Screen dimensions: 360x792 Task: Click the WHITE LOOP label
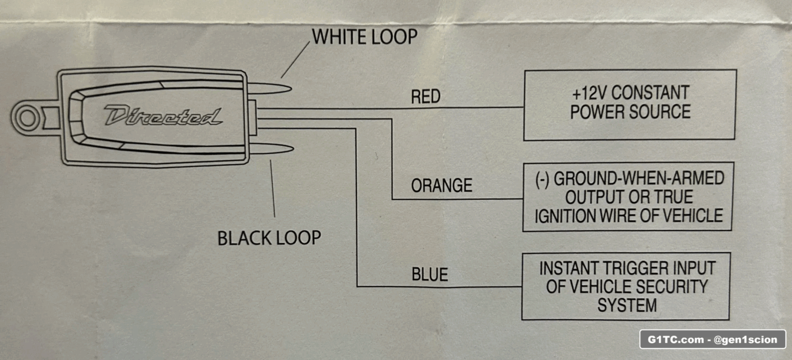(364, 37)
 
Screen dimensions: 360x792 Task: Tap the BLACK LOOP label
(269, 238)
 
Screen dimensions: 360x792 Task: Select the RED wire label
(425, 97)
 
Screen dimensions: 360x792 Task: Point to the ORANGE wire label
(441, 186)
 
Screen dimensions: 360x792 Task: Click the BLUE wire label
(429, 275)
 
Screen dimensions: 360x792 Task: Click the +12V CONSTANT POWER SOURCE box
(630, 105)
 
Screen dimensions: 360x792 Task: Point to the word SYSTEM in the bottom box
(627, 306)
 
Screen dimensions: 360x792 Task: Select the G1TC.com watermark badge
(713, 340)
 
